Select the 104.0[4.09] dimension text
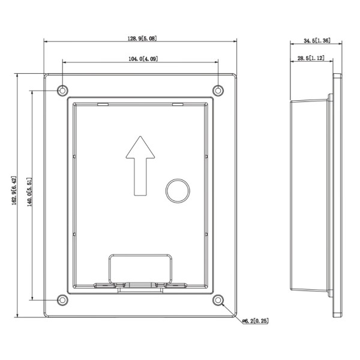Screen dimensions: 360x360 (x=143, y=58)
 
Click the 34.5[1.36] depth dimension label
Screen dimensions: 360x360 (x=316, y=41)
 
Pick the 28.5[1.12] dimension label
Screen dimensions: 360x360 (x=310, y=58)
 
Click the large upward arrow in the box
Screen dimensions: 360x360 (x=140, y=165)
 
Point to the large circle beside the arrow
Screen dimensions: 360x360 (x=177, y=190)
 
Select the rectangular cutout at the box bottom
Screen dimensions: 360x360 (x=141, y=268)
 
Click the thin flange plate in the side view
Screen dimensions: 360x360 (x=337, y=195)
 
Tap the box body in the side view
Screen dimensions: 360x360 (x=309, y=195)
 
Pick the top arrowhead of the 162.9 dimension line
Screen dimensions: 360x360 (x=14, y=75)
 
